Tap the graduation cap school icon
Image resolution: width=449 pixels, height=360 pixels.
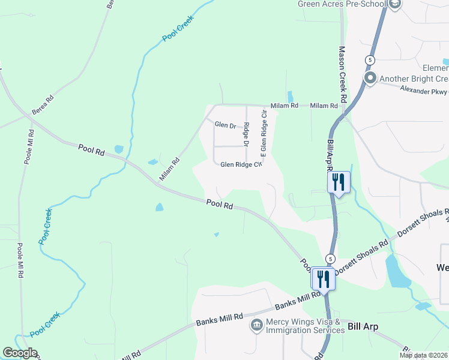coord(394,5)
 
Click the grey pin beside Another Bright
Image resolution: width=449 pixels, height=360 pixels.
coord(370,78)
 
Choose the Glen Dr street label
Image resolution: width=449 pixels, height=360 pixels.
coord(225,124)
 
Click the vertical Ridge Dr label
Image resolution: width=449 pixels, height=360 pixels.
coord(246,135)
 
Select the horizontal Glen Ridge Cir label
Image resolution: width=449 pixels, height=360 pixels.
coord(241,164)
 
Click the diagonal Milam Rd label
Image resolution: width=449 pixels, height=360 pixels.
coord(169,170)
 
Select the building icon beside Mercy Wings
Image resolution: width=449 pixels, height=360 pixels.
coord(256,326)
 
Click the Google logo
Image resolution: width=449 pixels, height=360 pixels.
coord(20,353)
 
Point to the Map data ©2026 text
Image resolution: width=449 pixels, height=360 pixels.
coord(423,355)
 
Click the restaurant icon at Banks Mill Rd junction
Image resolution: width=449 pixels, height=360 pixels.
coord(322,278)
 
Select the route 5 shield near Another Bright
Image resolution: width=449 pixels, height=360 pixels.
coord(370,60)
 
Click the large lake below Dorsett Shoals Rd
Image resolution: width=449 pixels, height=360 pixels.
coord(397,271)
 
